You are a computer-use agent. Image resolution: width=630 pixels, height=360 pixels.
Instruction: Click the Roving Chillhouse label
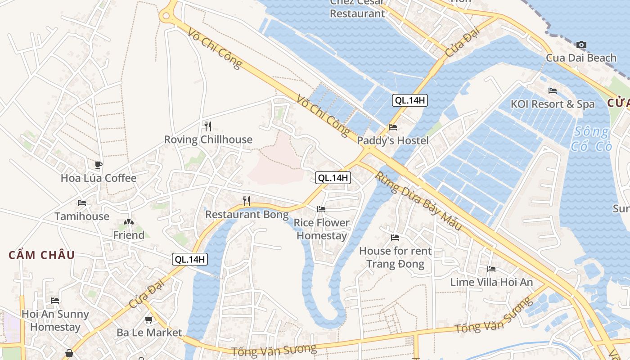pyautogui.click(x=208, y=139)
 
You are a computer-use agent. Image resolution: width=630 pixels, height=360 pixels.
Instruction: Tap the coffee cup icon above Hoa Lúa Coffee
pyautogui.click(x=99, y=165)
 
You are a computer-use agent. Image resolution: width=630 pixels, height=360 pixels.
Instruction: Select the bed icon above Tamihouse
pyautogui.click(x=82, y=203)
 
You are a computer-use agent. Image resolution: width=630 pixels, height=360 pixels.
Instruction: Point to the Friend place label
pyautogui.click(x=129, y=235)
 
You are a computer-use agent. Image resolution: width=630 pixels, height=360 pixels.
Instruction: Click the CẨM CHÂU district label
pyautogui.click(x=42, y=255)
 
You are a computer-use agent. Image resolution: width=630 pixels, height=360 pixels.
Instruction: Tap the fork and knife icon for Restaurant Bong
pyautogui.click(x=247, y=201)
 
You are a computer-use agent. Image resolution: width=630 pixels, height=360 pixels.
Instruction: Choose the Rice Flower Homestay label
pyautogui.click(x=321, y=229)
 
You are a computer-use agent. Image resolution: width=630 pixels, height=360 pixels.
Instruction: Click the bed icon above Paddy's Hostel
pyautogui.click(x=393, y=127)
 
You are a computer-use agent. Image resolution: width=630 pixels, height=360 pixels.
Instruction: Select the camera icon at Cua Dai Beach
pyautogui.click(x=581, y=45)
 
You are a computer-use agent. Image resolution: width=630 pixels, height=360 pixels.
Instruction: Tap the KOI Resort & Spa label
pyautogui.click(x=553, y=104)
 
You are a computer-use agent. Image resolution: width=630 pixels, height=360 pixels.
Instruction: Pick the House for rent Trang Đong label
pyautogui.click(x=395, y=257)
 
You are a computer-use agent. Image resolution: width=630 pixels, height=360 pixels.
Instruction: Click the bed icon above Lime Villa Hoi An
pyautogui.click(x=491, y=269)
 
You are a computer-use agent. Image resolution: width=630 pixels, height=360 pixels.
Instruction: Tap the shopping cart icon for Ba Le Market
pyautogui.click(x=148, y=320)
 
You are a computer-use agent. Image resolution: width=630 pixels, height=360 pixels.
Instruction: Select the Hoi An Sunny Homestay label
pyautogui.click(x=55, y=320)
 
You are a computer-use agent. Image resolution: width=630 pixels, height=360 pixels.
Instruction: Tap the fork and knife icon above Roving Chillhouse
pyautogui.click(x=207, y=126)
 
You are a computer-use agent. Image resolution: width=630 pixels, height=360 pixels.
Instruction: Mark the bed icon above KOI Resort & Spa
pyautogui.click(x=553, y=91)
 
